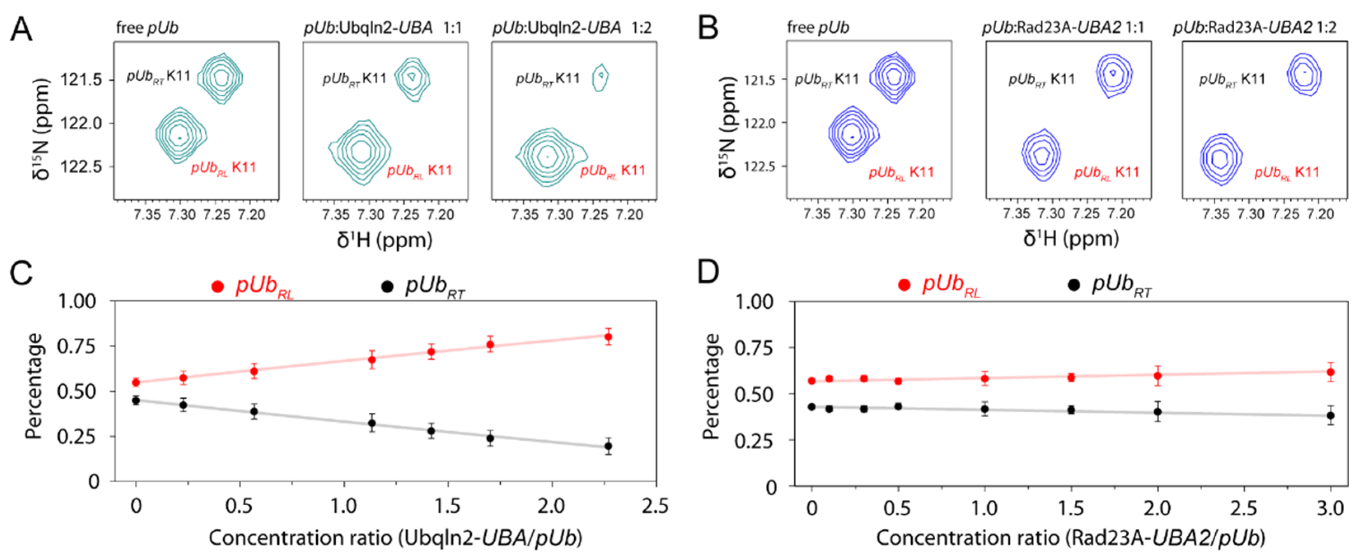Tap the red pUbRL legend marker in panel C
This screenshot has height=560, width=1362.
(x=217, y=286)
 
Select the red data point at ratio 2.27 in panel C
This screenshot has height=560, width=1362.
(x=608, y=337)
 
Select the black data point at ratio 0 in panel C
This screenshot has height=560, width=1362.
(x=136, y=400)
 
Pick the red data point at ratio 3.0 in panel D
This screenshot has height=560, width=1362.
(x=1330, y=372)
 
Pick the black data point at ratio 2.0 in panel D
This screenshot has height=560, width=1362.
(x=1157, y=411)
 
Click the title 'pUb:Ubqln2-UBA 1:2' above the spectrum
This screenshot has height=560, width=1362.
(x=572, y=28)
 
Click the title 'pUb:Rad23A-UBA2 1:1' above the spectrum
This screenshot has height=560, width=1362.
(x=1063, y=28)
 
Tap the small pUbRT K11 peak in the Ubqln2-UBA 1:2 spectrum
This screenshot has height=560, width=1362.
(x=601, y=77)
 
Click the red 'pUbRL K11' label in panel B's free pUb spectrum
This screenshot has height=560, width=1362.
(x=901, y=172)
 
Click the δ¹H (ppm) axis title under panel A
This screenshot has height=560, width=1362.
(x=385, y=240)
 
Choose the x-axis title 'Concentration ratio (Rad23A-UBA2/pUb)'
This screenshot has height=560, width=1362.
(x=1070, y=538)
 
